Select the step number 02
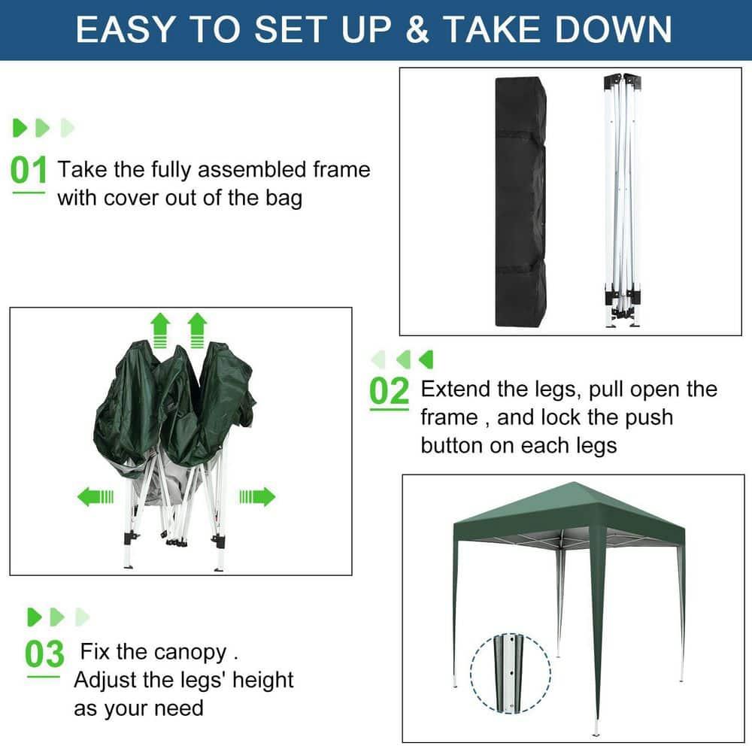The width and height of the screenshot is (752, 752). pyautogui.click(x=390, y=392)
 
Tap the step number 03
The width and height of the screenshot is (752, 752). pyautogui.click(x=44, y=654)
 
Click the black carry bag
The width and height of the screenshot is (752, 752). pyautogui.click(x=520, y=201)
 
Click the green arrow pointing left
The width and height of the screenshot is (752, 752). pyautogui.click(x=95, y=496)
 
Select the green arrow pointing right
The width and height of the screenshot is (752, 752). pyautogui.click(x=257, y=496)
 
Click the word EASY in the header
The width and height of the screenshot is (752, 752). pyautogui.click(x=126, y=29)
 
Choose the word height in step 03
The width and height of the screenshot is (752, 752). pyautogui.click(x=262, y=680)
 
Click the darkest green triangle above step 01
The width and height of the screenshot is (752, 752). pyautogui.click(x=20, y=128)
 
